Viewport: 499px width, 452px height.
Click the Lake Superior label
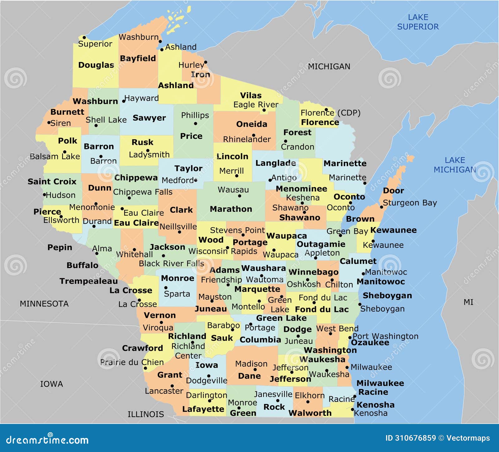click(x=418, y=22)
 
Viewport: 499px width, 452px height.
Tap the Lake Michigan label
click(x=455, y=165)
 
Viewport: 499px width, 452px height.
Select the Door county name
click(x=393, y=190)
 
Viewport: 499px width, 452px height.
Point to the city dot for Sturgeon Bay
click(x=381, y=207)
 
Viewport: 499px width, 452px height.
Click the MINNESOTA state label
click(x=44, y=304)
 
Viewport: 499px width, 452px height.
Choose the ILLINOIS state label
click(x=146, y=414)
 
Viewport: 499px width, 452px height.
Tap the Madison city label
click(x=251, y=364)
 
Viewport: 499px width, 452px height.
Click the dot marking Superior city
click(x=84, y=37)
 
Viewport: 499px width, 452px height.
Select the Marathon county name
click(x=231, y=209)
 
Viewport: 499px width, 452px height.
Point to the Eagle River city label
click(x=256, y=105)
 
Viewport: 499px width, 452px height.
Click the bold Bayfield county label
click(x=138, y=58)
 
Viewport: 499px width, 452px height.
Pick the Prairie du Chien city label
click(x=132, y=362)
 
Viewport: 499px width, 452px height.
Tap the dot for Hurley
click(x=206, y=62)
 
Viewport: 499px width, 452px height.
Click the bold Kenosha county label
click(x=375, y=405)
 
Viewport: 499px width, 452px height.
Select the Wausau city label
click(x=233, y=190)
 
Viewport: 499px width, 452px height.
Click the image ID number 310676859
click(x=415, y=438)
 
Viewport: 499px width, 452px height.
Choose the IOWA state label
click(x=51, y=384)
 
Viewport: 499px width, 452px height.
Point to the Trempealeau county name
click(x=89, y=281)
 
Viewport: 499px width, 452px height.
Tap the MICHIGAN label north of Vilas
click(x=329, y=66)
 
